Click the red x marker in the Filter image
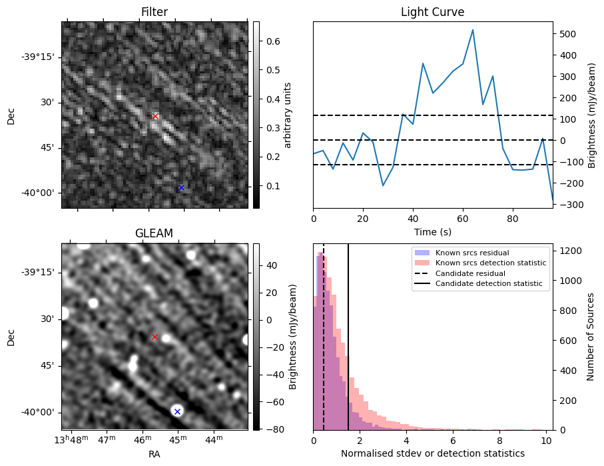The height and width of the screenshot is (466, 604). (x=156, y=116)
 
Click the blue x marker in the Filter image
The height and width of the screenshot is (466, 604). (x=181, y=187)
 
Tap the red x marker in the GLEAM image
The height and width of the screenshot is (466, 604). (x=154, y=337)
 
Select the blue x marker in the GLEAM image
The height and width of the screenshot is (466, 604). (x=177, y=411)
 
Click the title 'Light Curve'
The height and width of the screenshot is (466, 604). (x=432, y=12)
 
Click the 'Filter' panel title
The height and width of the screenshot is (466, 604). (x=154, y=12)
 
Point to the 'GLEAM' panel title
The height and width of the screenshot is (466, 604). (x=154, y=233)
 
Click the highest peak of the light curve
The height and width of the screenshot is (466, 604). (x=473, y=30)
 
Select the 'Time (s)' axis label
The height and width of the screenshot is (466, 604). (x=432, y=231)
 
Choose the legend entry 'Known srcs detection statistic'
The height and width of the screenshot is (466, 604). (x=490, y=263)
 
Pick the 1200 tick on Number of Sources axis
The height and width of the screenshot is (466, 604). (x=572, y=251)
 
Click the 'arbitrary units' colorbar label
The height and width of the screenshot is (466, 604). (x=288, y=115)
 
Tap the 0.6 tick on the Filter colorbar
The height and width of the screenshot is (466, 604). (x=272, y=41)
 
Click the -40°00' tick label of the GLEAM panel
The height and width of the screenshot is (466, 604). (x=39, y=413)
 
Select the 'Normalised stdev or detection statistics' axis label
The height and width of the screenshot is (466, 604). (x=432, y=453)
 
